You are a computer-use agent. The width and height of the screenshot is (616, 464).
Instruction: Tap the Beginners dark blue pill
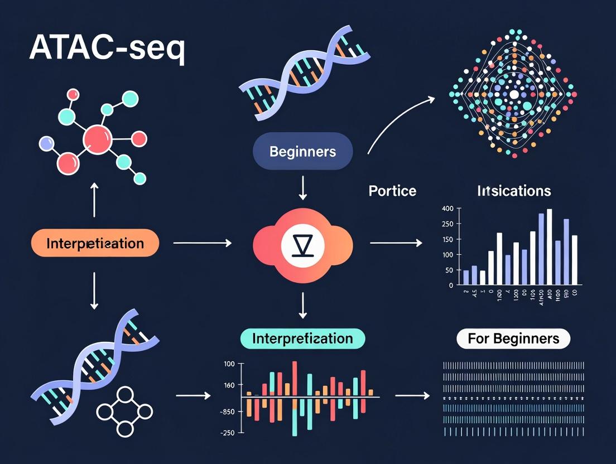302,151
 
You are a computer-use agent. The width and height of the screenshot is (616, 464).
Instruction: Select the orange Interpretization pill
95,243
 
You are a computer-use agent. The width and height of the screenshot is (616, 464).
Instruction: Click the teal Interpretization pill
302,339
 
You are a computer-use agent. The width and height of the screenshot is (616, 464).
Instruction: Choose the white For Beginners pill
513,339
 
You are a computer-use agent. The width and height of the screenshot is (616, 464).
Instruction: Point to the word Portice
392,191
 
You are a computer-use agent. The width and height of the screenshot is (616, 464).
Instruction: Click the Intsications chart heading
514,191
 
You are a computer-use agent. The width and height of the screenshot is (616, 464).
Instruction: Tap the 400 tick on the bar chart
447,209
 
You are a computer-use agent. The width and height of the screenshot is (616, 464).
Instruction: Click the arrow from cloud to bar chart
396,243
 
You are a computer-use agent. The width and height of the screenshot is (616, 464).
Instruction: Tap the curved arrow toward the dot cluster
399,123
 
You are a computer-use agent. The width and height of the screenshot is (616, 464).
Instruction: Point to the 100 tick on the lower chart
229,364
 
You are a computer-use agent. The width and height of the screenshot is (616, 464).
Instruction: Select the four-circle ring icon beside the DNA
124,412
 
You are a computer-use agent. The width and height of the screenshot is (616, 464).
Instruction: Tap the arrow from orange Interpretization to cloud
203,243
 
